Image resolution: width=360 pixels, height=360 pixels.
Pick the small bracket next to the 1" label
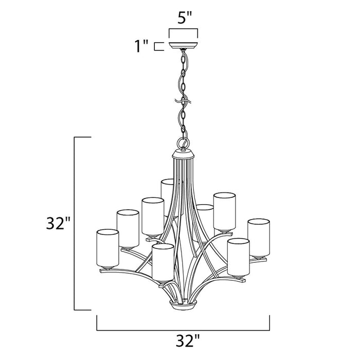coord(160,45)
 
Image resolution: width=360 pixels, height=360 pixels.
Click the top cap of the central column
coord(183,154)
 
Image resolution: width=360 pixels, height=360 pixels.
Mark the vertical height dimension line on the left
coord(76,223)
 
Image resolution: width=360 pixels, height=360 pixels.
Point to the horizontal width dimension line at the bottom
coord(183,329)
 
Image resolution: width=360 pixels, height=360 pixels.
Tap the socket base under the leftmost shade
coord(106,267)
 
